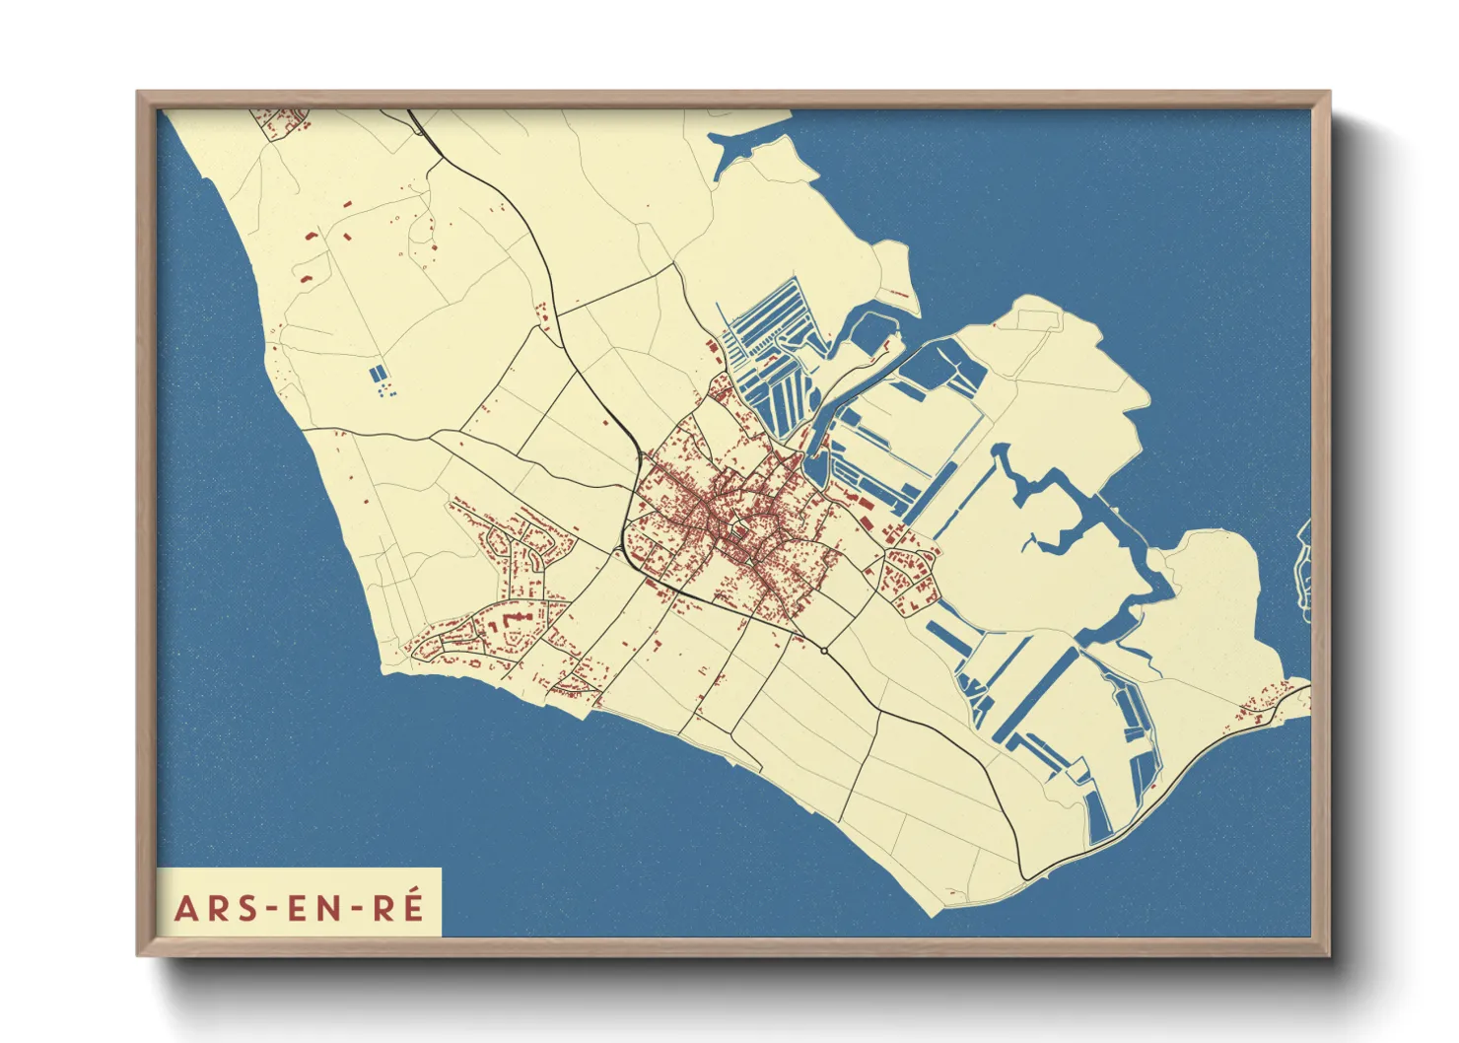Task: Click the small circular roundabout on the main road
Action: point(823,651)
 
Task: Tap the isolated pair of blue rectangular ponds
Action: point(378,374)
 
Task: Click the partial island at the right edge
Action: point(1303,572)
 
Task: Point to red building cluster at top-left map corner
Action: point(281,123)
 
